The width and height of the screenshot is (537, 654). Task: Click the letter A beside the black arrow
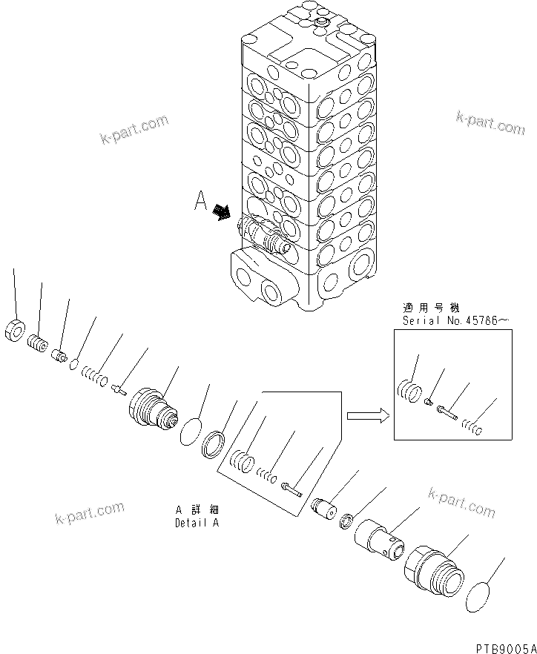pos(200,202)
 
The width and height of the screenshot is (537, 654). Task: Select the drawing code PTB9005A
pos(501,644)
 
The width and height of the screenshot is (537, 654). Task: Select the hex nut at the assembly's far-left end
pos(15,331)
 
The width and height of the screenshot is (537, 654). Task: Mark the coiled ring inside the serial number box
pos(409,389)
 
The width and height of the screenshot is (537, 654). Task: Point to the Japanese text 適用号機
pos(421,307)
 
